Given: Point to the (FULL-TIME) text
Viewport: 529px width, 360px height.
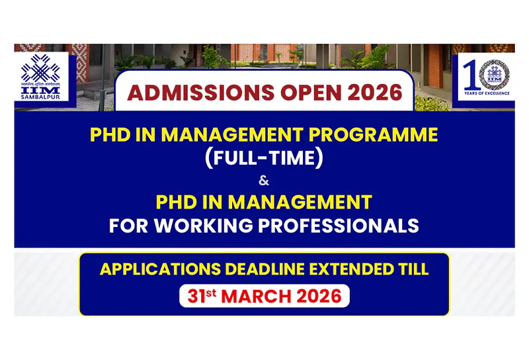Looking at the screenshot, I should tap(264, 159).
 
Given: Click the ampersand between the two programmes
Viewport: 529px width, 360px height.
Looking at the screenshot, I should tap(264, 180).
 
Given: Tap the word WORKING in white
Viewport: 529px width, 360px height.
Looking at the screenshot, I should tap(214, 225).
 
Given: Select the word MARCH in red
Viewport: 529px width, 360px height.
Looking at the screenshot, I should tap(257, 296).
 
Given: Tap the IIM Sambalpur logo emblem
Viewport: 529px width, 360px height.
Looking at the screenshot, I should tap(40, 66).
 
